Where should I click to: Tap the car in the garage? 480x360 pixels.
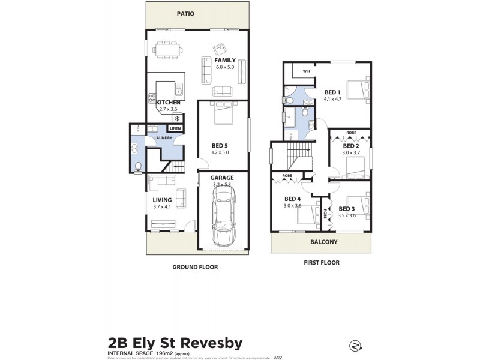[223, 216]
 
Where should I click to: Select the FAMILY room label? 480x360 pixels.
[226, 60]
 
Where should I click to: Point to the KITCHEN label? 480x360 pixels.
[169, 103]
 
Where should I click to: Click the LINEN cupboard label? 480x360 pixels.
[175, 128]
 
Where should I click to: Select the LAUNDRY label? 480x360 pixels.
[163, 138]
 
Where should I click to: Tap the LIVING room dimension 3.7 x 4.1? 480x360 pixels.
[162, 207]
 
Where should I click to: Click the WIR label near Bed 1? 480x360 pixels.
[306, 71]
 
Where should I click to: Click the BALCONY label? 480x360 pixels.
[323, 242]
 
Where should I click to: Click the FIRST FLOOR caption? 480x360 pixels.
[321, 263]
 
